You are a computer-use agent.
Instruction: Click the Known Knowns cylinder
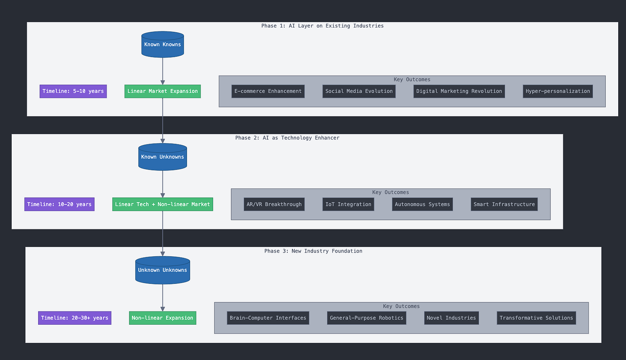coord(163,44)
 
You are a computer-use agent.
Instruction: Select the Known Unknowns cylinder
coord(163,157)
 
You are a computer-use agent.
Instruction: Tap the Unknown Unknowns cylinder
coord(163,270)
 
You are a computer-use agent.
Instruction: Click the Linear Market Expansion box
coord(163,91)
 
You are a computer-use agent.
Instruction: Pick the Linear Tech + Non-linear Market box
coord(163,204)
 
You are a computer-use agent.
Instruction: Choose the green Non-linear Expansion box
coord(163,318)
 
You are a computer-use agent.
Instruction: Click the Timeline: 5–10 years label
coord(73,91)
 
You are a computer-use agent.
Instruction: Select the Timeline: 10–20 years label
coord(59,204)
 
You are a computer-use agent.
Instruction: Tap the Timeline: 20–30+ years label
coord(75,318)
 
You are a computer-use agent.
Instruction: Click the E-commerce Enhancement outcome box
coord(268,91)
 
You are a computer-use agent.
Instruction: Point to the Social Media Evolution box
coord(359,91)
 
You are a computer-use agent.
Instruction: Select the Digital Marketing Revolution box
coord(459,91)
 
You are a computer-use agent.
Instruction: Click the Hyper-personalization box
coord(558,91)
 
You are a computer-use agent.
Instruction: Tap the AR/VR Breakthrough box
coord(274,204)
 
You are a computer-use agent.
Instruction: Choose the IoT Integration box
coord(348,204)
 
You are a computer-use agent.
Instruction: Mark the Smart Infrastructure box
coord(504,204)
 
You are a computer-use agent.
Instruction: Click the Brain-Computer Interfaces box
coord(268,318)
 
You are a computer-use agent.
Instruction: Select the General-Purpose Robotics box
coord(366,318)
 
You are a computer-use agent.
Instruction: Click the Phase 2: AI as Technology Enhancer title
coord(287,138)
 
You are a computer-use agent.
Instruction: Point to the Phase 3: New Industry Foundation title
coord(313,251)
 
